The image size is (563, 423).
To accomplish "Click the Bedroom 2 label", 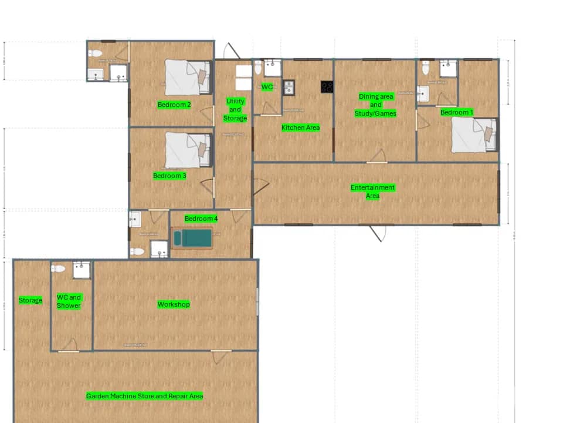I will point(174,105).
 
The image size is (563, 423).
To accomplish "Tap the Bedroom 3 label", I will point(169,176).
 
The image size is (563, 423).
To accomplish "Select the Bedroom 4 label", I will point(201,219).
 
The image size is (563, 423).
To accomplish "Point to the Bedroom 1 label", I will point(456,112).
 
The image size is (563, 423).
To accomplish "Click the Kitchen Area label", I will point(300,127).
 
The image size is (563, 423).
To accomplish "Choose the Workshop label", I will point(174,304).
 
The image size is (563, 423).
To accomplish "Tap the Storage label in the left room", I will point(30,300).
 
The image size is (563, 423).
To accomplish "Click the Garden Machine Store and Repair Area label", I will point(144,396).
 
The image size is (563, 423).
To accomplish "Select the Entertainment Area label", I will point(373,192).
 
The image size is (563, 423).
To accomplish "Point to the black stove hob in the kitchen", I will point(327,87).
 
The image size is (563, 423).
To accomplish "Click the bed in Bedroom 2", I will point(187,77).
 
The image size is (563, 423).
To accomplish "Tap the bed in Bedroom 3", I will point(187,150).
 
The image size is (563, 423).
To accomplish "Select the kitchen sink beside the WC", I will point(289,88).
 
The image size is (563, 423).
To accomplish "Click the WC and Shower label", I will point(69,301).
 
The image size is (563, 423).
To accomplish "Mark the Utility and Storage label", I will point(235,110).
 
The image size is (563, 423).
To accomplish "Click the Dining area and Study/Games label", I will point(376,105).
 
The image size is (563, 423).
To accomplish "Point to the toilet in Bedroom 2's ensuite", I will point(94,53).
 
